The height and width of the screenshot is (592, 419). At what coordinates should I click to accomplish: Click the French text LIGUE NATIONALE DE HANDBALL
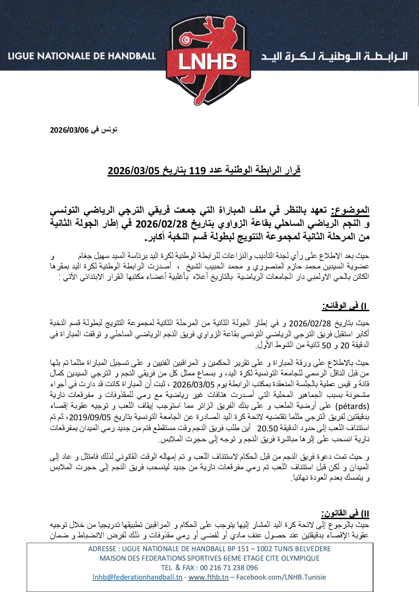coord(82,56)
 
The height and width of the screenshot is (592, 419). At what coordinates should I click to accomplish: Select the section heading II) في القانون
coord(345,514)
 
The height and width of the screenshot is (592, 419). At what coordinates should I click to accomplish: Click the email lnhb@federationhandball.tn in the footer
coord(138,577)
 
